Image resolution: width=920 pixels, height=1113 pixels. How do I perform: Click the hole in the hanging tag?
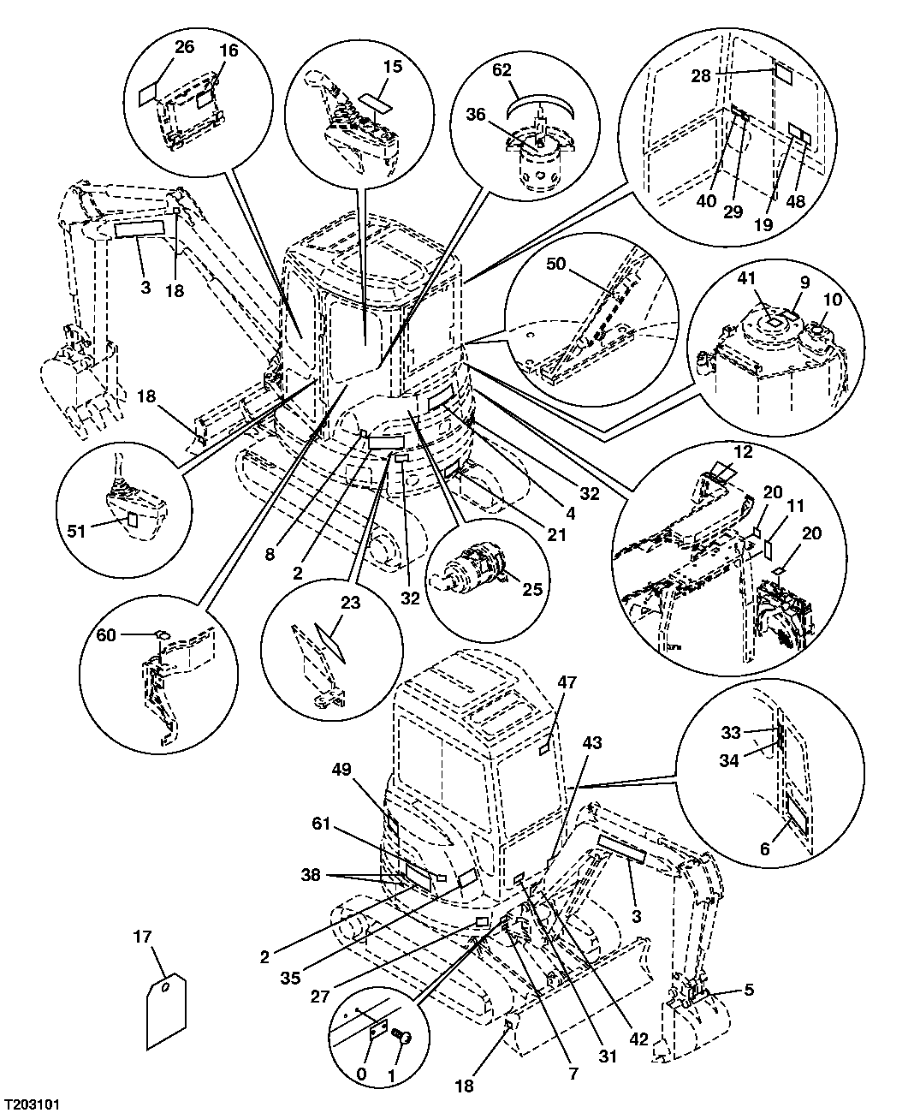[x=163, y=987]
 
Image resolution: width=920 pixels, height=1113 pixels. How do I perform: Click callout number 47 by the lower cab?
[x=567, y=682]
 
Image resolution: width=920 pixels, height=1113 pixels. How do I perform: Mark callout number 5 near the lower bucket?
[x=749, y=991]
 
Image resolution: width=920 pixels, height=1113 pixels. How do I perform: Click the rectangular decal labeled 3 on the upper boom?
[x=137, y=228]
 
